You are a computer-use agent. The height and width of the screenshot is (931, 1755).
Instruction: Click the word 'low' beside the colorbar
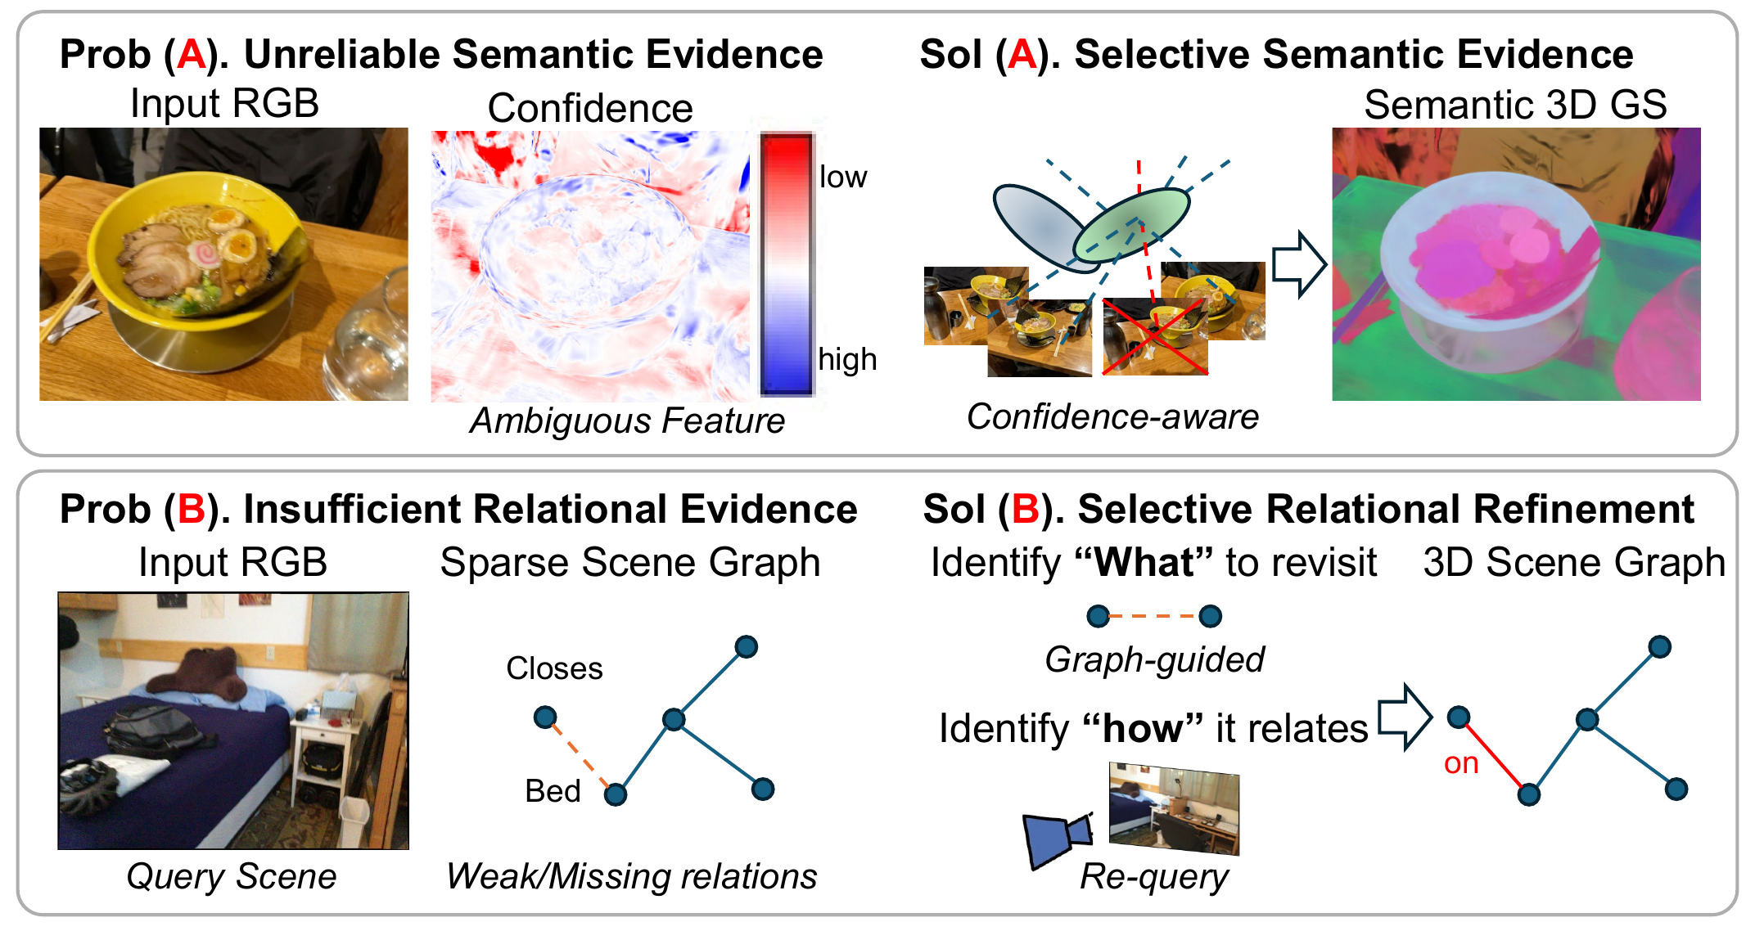843,177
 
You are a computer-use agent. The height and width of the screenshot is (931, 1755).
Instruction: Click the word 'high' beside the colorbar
847,359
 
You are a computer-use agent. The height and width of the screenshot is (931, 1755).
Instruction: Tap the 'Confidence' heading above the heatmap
590,108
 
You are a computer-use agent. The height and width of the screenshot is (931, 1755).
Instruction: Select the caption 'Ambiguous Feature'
627,421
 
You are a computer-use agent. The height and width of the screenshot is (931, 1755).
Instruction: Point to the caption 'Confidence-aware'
1112,417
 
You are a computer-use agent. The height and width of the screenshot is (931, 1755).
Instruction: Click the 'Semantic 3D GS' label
1515,105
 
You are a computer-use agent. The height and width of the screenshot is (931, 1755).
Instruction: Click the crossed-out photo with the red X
1155,336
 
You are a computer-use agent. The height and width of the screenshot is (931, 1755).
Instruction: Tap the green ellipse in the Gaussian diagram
1131,225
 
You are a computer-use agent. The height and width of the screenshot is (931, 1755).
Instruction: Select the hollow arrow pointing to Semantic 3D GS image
1299,264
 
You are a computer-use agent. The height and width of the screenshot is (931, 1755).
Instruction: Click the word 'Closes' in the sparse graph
554,668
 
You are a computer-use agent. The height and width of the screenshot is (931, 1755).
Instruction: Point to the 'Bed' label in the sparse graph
553,791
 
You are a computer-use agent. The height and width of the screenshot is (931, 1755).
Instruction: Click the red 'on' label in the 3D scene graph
1461,763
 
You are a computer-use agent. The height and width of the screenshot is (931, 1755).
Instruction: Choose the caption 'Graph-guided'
1154,659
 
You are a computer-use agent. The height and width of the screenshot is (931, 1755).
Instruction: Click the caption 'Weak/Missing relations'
631,876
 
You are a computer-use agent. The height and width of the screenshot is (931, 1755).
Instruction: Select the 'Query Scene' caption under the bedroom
232,876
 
